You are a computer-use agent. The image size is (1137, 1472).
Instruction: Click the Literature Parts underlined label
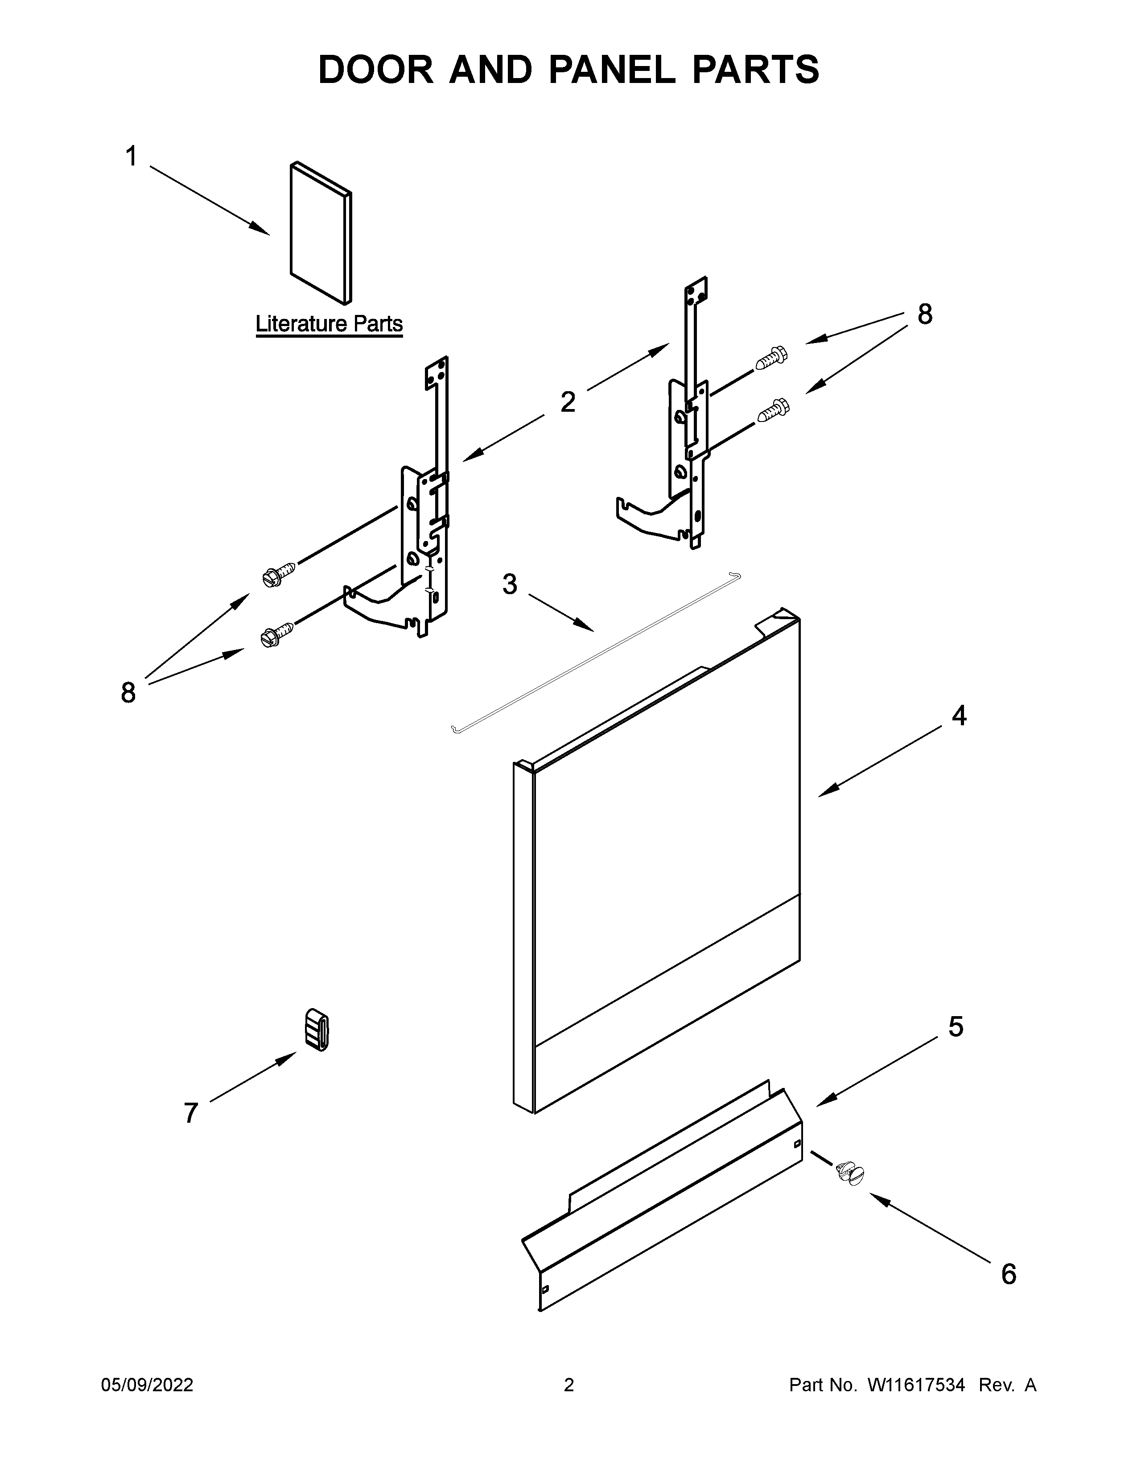point(329,324)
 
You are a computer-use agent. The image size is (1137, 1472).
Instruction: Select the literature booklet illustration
point(321,232)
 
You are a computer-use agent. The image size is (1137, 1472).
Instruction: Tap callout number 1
point(132,157)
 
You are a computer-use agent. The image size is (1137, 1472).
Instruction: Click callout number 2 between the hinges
point(568,402)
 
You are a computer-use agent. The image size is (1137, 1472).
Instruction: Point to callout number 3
point(510,584)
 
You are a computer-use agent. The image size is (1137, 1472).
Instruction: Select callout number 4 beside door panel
point(959,716)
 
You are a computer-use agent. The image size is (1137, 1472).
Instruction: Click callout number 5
point(955,1026)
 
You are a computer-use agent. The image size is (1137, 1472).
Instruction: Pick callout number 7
point(191,1113)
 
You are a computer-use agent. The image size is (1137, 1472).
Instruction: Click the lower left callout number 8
point(128,693)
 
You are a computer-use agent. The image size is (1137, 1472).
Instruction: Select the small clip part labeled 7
point(317,1030)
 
